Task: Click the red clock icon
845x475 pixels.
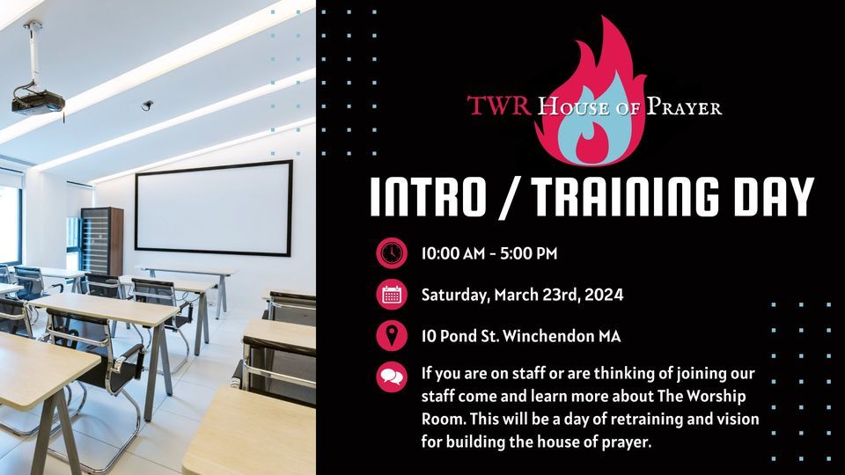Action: click(x=391, y=253)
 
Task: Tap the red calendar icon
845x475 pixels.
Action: click(x=391, y=295)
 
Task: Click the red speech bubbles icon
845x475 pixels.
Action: click(x=391, y=377)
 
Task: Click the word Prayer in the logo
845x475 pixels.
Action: click(x=685, y=107)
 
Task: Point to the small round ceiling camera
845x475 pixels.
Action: click(x=147, y=105)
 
